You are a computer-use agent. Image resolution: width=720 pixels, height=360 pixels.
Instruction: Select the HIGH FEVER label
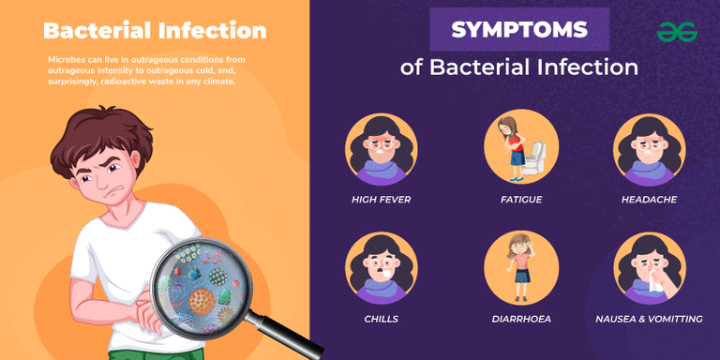coord(381,200)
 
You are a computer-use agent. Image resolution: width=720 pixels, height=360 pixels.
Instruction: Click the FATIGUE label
coord(521,200)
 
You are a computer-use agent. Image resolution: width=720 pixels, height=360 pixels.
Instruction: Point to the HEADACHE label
coord(649,200)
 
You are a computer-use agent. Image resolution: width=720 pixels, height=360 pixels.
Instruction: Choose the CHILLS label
coord(381,319)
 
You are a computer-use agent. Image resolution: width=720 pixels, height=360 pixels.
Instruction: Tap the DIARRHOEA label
coord(521,319)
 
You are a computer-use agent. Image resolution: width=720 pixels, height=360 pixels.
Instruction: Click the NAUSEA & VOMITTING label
coord(649,319)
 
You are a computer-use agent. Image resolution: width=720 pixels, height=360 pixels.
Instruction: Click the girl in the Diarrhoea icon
coord(521,266)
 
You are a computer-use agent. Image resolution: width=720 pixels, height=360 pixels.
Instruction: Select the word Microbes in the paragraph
coord(65,60)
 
